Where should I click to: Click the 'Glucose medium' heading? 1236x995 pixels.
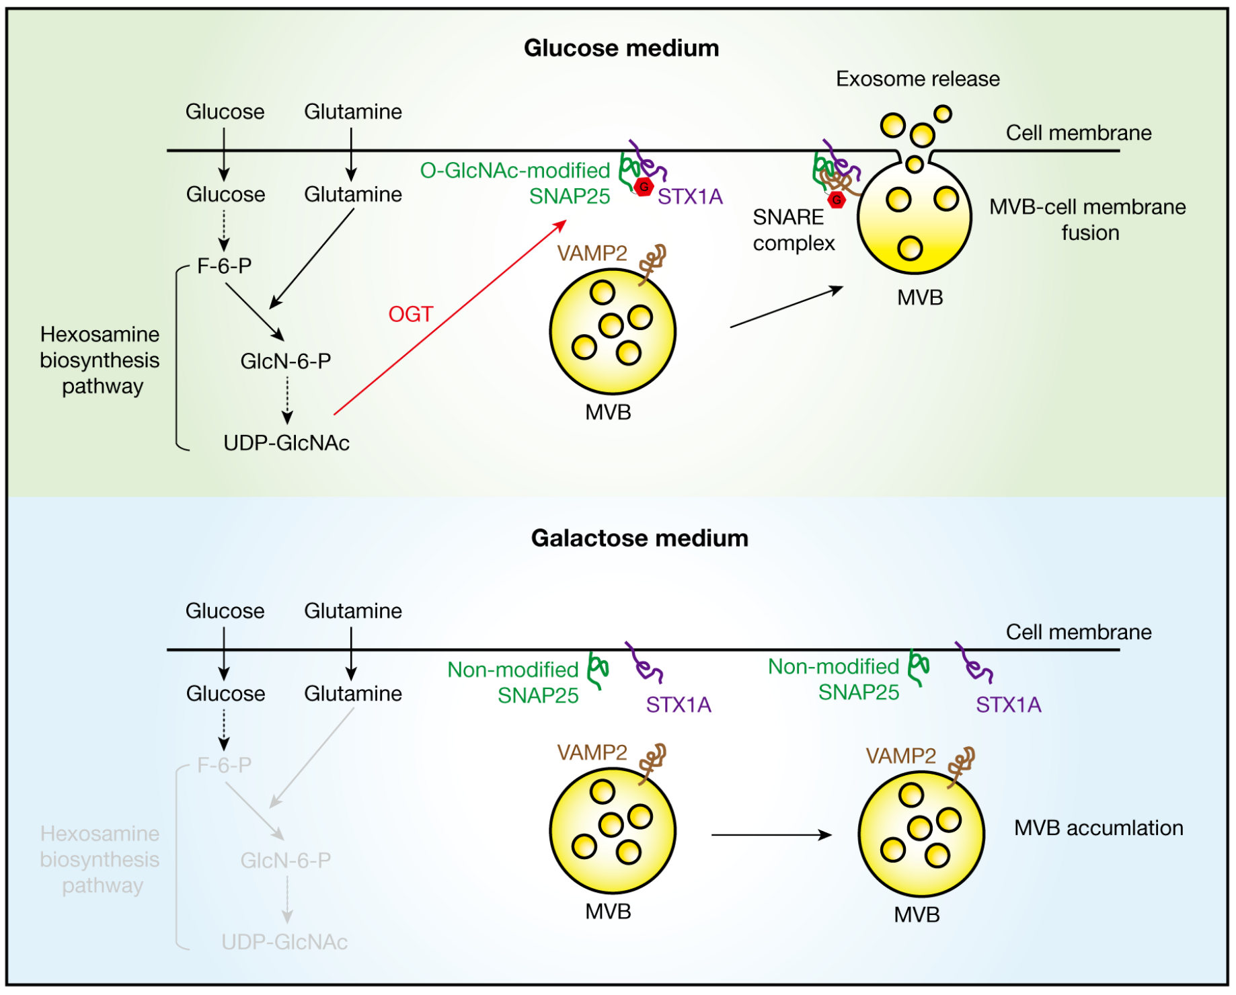(621, 48)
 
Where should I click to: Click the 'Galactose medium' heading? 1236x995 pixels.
(639, 539)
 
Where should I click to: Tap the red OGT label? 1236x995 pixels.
(410, 314)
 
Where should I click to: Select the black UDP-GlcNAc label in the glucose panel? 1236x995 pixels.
(286, 443)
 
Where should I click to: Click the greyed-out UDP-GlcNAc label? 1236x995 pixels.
(284, 942)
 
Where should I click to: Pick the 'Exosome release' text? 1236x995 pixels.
(917, 79)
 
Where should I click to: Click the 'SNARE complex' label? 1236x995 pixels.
(794, 230)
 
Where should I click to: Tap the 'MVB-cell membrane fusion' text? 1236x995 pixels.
(1087, 220)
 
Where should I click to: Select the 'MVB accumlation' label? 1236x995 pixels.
(1098, 828)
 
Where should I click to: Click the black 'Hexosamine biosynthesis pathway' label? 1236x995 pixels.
(100, 360)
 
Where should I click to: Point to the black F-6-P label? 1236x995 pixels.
(224, 266)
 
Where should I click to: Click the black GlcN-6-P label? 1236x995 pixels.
(286, 362)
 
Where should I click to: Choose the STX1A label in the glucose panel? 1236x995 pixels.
(690, 197)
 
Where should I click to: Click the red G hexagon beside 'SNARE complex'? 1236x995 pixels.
(836, 200)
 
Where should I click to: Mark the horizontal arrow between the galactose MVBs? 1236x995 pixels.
(771, 835)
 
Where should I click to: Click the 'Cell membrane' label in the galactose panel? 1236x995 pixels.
(1078, 632)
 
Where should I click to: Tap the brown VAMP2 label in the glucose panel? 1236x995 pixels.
(592, 253)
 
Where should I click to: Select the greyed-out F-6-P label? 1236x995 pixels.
(224, 765)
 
